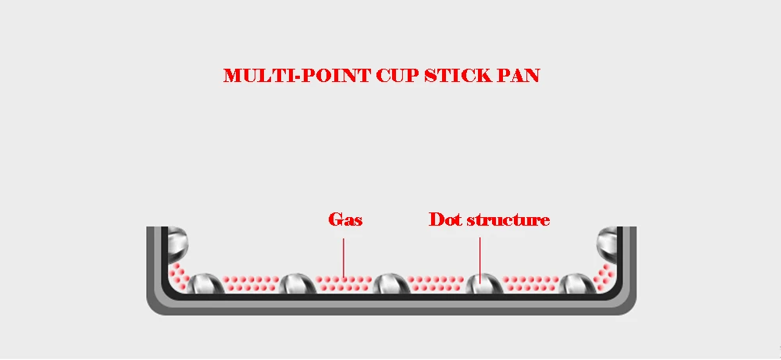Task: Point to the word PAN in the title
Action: [x=519, y=76]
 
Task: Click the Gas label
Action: [x=345, y=219]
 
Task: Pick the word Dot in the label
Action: [x=442, y=219]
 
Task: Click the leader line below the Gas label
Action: [x=343, y=258]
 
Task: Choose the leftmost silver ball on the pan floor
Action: [x=205, y=283]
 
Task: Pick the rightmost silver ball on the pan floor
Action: [x=578, y=283]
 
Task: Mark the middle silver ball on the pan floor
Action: [x=391, y=283]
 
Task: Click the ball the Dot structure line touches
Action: [x=485, y=283]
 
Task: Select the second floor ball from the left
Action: [x=298, y=283]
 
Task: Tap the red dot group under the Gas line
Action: [x=344, y=283]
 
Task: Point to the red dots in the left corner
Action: [x=178, y=276]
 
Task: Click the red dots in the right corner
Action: [x=604, y=276]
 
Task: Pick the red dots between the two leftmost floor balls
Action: [x=251, y=283]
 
